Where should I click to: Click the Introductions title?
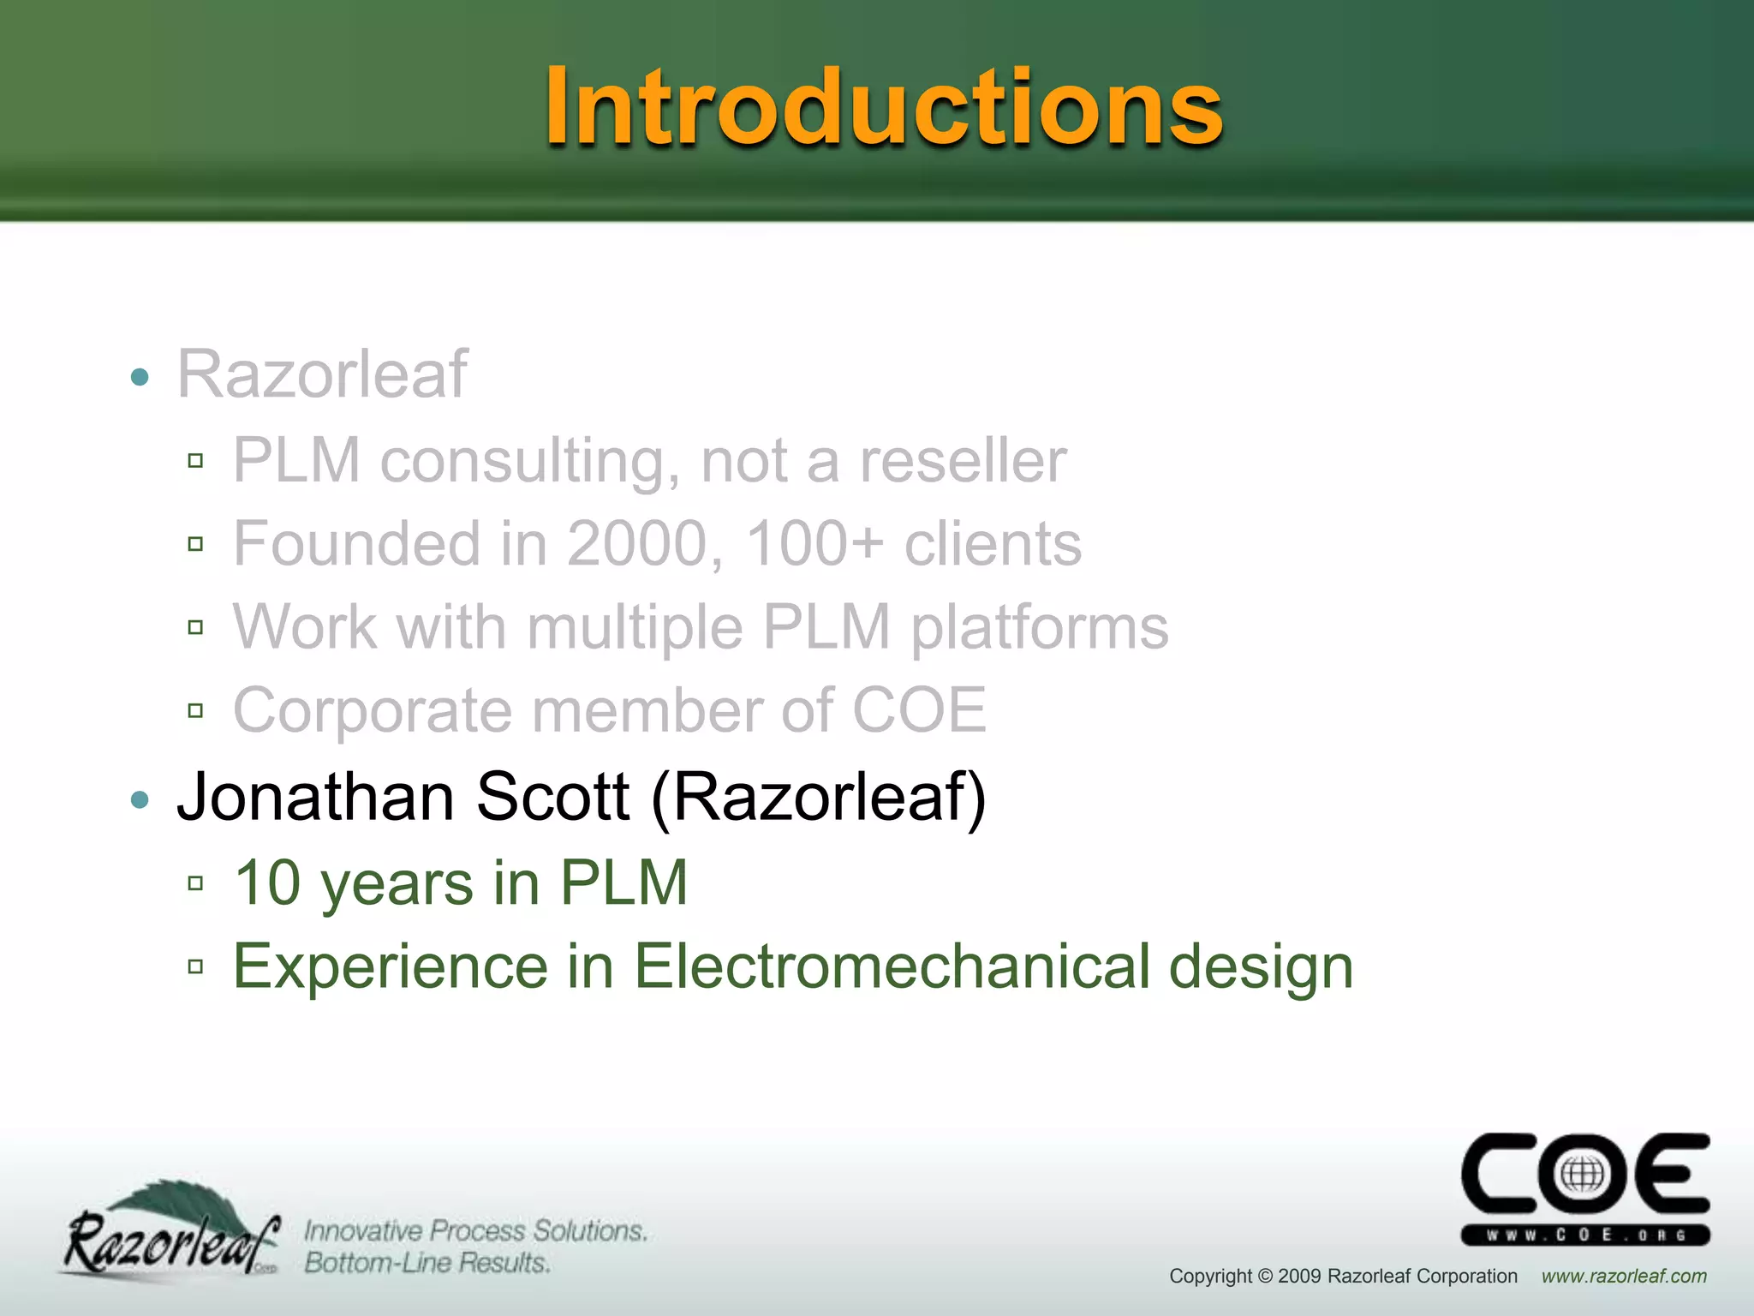click(884, 107)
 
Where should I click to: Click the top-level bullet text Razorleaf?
click(322, 374)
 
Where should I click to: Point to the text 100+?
click(814, 544)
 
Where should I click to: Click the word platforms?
click(1039, 628)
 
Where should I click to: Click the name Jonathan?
click(314, 797)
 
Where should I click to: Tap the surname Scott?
click(552, 797)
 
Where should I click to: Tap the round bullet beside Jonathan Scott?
click(140, 800)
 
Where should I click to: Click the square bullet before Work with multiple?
click(195, 627)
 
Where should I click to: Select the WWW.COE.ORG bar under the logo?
click(1585, 1235)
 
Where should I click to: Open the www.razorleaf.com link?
click(1624, 1276)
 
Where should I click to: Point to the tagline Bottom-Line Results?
click(427, 1263)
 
